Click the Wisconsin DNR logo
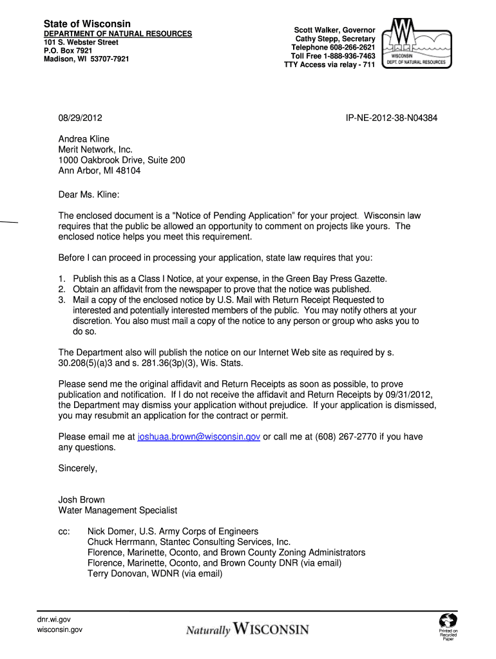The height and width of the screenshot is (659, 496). (x=414, y=44)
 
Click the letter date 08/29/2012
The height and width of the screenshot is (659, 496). (x=80, y=118)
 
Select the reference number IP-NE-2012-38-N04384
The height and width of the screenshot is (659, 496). (x=392, y=118)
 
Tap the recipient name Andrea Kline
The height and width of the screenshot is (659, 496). (x=84, y=139)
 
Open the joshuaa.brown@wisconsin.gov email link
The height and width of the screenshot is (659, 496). (x=199, y=436)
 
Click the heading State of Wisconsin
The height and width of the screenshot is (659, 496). (x=87, y=24)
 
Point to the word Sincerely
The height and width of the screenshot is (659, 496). (x=78, y=469)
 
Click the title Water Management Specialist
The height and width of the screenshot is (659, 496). (x=118, y=510)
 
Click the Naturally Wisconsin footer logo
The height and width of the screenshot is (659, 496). (x=247, y=629)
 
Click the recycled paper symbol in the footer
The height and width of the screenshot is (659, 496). (x=448, y=621)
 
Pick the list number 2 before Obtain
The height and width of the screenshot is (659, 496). (x=62, y=289)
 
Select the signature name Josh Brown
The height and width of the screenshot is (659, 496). (x=82, y=499)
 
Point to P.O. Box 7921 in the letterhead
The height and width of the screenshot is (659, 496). (x=68, y=50)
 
